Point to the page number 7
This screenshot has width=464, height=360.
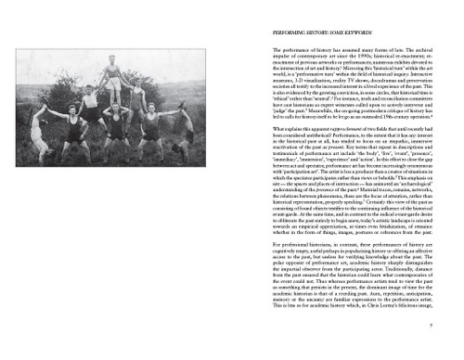tap(445, 326)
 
